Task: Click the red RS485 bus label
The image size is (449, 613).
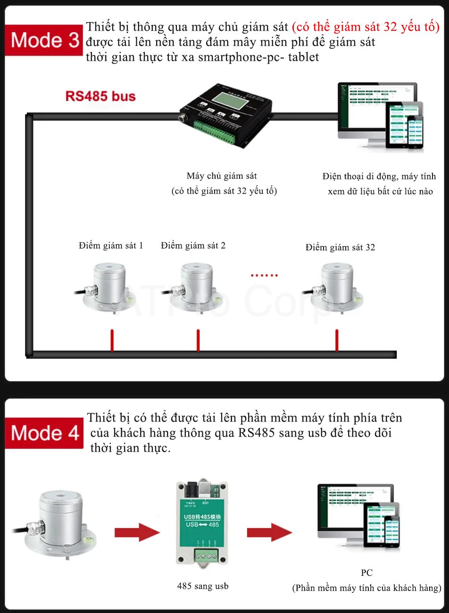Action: pyautogui.click(x=100, y=97)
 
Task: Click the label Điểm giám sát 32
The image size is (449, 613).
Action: pyautogui.click(x=340, y=248)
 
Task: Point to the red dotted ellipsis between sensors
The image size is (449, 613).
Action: pyautogui.click(x=264, y=275)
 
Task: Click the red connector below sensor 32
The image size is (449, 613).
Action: pyautogui.click(x=337, y=340)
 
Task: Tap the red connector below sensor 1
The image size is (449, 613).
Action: pyautogui.click(x=112, y=340)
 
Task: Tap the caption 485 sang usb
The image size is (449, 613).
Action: pyautogui.click(x=203, y=586)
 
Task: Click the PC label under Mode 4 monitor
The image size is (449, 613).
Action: pyautogui.click(x=366, y=573)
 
